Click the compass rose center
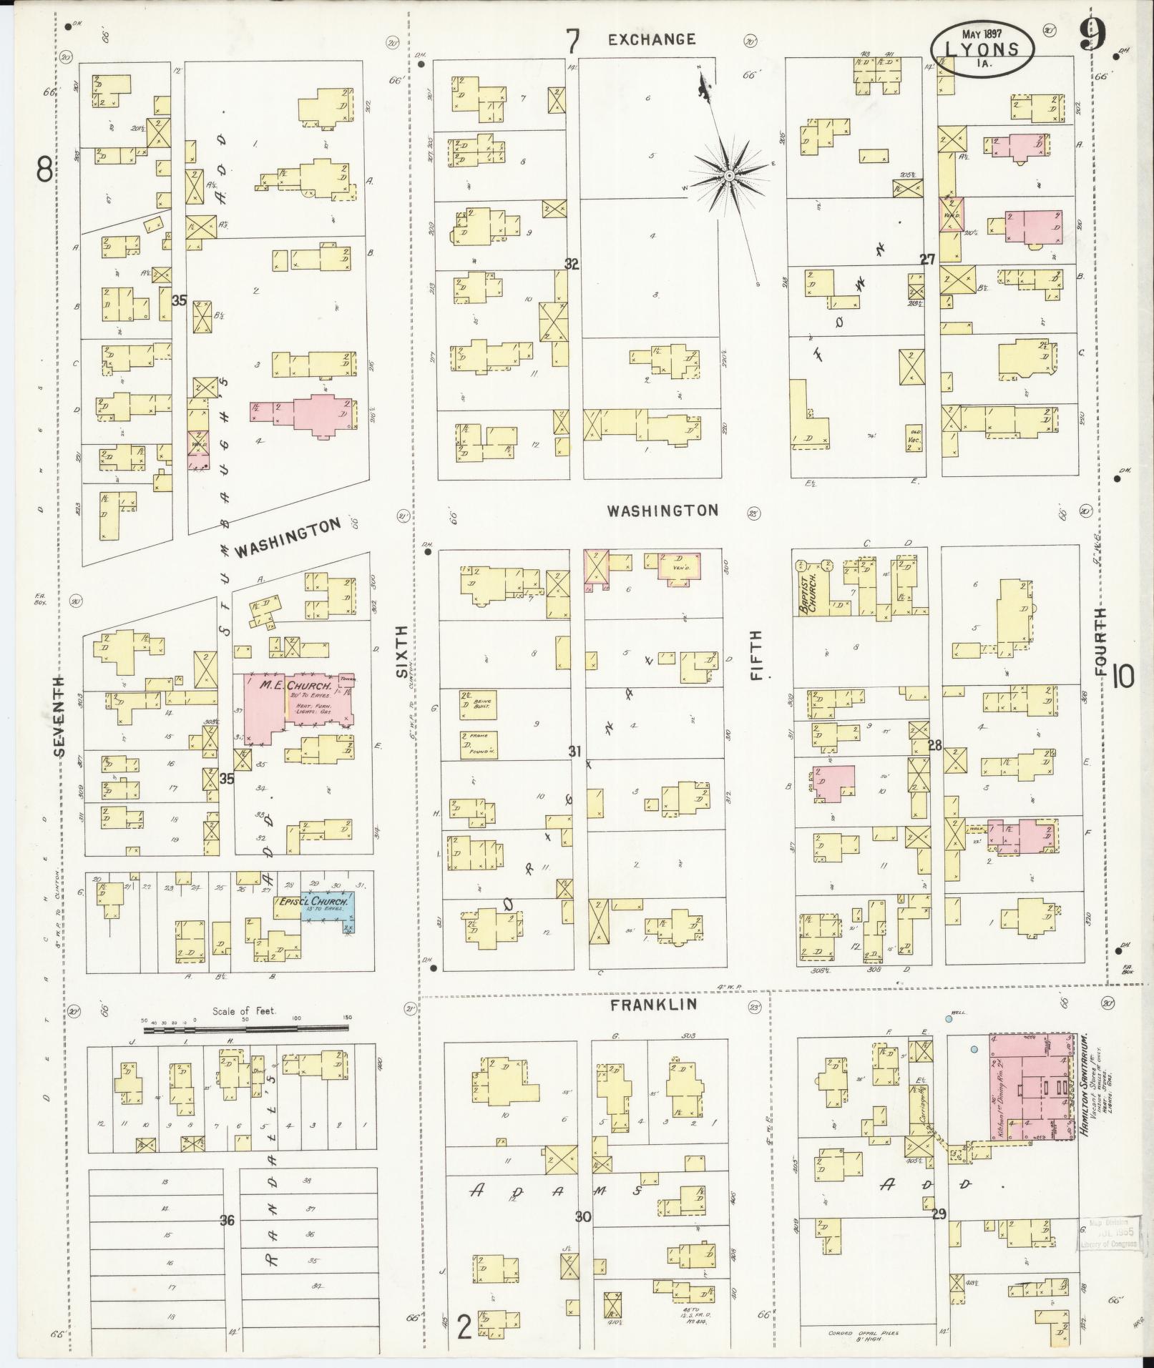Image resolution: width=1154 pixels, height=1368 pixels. point(728,175)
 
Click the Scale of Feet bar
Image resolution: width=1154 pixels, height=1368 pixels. point(246,1030)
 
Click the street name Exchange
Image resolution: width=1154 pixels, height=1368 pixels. point(651,40)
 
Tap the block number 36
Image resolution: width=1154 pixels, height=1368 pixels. point(227,1220)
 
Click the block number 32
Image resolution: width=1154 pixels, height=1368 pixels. point(571,264)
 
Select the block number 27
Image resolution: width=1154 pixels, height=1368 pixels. point(927,260)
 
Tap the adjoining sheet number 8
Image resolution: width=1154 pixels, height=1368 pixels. point(44,170)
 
